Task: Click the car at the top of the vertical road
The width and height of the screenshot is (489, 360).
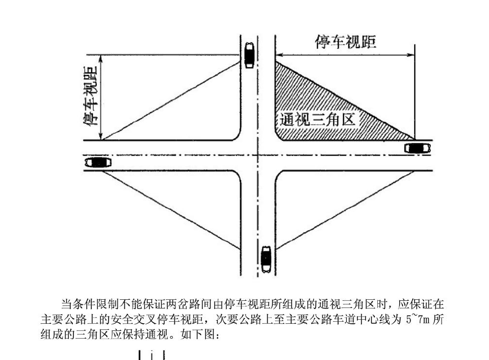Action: tap(249, 55)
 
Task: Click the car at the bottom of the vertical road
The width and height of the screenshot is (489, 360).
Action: tap(266, 259)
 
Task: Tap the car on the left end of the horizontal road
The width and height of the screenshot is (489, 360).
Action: tap(98, 163)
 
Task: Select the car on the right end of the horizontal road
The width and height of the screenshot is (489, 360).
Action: tap(418, 148)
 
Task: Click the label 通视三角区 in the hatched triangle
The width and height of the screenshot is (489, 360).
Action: tap(318, 119)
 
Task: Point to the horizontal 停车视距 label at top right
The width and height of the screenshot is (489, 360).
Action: tap(346, 42)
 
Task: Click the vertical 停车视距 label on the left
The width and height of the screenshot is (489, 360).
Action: tap(90, 96)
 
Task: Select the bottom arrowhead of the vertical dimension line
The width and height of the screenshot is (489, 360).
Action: tap(101, 136)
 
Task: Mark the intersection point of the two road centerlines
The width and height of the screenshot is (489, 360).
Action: tap(258, 155)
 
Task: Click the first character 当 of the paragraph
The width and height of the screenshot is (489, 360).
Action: tap(67, 304)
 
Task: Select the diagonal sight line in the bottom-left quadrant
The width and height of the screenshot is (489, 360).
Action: tap(171, 210)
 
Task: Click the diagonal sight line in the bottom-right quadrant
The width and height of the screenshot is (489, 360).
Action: tap(345, 210)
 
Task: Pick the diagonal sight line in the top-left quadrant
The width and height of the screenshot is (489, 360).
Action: tap(171, 101)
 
